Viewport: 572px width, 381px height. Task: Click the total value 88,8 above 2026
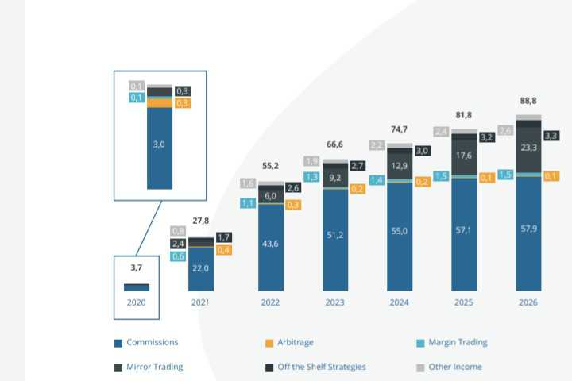528,101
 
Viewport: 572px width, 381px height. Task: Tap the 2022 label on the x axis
270,302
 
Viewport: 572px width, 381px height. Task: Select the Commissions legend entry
152,343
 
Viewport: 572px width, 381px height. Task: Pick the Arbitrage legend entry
295,343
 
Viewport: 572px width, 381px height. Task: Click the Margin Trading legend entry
457,343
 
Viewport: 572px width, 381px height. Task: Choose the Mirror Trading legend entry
154,367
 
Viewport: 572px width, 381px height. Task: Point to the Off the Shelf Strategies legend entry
321,367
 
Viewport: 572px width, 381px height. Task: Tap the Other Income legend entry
454,367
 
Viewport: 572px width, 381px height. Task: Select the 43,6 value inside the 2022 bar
270,244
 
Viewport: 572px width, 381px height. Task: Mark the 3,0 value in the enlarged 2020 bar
159,144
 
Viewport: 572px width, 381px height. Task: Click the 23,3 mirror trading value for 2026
528,148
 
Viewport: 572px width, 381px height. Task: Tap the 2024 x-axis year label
399,302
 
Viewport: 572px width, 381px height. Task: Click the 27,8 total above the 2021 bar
201,221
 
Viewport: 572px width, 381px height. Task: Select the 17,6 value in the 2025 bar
464,156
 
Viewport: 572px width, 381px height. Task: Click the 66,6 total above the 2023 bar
334,144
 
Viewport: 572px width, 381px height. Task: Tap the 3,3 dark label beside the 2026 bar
551,135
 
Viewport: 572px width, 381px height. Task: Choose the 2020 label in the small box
137,302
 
